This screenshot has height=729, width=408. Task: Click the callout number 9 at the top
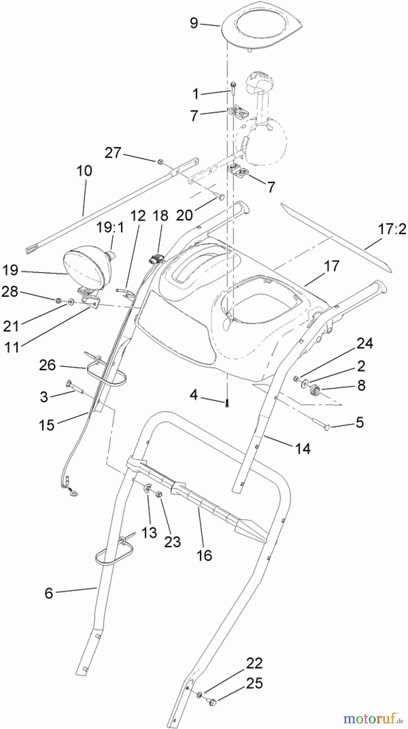click(194, 23)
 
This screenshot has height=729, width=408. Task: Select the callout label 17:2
click(391, 230)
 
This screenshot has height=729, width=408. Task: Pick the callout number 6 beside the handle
click(49, 593)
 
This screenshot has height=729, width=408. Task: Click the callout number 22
click(254, 663)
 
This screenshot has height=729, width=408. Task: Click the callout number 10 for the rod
click(84, 171)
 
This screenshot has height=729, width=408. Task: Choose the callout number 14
click(302, 448)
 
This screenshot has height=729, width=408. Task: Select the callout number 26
click(47, 365)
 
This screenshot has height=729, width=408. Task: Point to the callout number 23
click(172, 541)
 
